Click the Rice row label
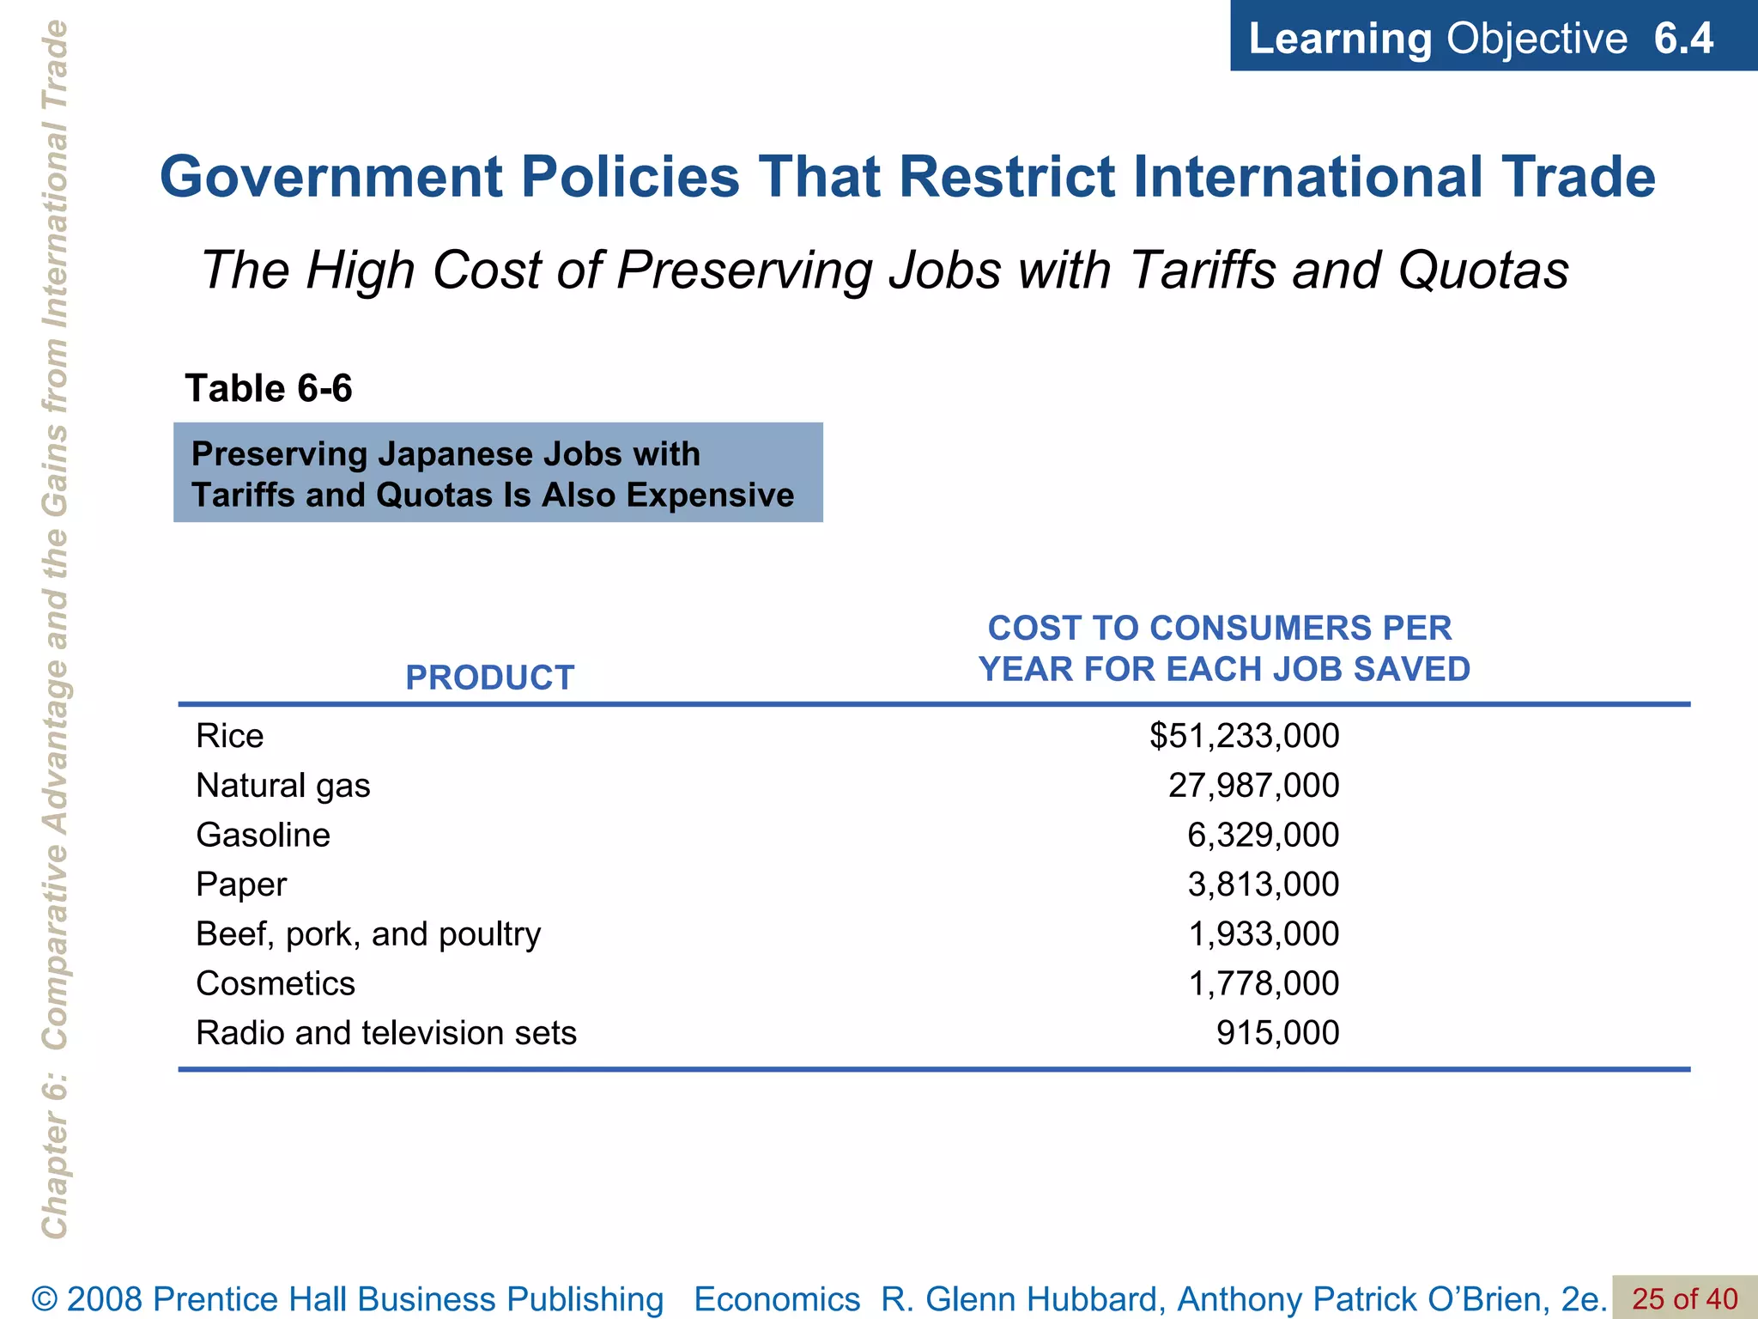click(x=229, y=736)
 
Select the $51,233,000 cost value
click(x=1244, y=736)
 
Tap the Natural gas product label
click(x=282, y=786)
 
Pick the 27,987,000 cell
click(x=1253, y=786)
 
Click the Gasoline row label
click(x=263, y=835)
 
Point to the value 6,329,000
click(x=1263, y=835)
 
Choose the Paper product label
click(x=241, y=884)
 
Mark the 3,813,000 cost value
click(x=1263, y=884)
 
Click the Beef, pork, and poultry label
click(x=368, y=934)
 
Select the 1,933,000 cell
click(x=1263, y=934)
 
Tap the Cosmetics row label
click(x=275, y=983)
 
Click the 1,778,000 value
click(x=1263, y=983)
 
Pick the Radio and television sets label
click(x=385, y=1033)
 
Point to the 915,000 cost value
click(x=1277, y=1033)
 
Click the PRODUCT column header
click(x=489, y=678)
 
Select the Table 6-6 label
click(x=269, y=389)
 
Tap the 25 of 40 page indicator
click(x=1684, y=1299)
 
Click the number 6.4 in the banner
click(x=1683, y=39)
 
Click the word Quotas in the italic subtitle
click(x=1483, y=270)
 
